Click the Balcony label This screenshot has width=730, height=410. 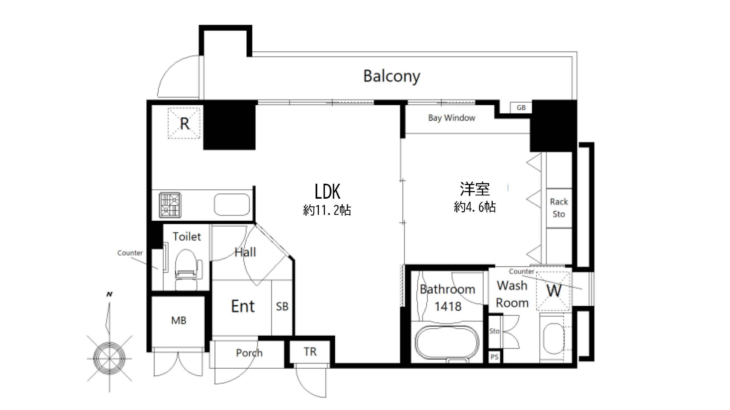point(392,76)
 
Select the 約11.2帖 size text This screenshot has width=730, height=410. point(327,210)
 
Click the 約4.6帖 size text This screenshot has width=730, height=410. point(475,207)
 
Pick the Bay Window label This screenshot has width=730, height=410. point(452,118)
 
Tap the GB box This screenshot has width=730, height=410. point(521,108)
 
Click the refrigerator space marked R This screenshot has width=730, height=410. point(184,123)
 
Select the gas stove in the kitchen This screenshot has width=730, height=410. point(170,205)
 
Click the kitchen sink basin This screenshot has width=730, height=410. point(232,205)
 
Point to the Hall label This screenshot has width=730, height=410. point(245,252)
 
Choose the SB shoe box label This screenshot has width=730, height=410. point(282,306)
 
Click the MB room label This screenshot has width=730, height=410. point(179,321)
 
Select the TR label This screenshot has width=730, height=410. point(310,352)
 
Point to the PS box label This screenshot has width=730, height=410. point(494,357)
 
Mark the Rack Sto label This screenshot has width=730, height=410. point(559,208)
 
